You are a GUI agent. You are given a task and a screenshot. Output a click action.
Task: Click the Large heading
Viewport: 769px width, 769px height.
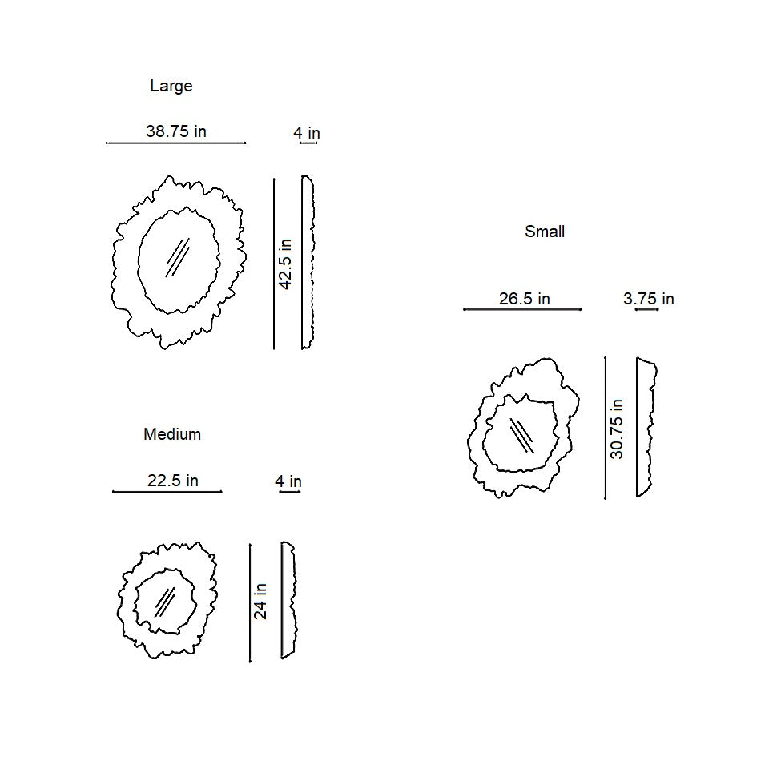171,86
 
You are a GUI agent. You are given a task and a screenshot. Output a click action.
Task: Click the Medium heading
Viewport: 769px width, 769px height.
172,434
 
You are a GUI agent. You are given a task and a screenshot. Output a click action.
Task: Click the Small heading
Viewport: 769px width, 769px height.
545,232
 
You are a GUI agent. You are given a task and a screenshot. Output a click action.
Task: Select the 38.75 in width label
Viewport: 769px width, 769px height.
176,131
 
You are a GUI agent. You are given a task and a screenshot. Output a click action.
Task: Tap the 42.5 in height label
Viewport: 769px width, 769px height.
285,264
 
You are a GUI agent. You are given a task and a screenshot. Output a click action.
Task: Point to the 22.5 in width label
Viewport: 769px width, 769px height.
173,481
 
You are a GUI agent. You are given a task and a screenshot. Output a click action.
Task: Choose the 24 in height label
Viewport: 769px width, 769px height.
260,602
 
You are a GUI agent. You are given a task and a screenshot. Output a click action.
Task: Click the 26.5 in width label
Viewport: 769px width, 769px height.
524,299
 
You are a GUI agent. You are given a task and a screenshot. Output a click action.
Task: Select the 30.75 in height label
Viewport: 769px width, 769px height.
617,429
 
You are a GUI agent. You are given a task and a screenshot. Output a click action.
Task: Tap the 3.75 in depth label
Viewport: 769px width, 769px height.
648,299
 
